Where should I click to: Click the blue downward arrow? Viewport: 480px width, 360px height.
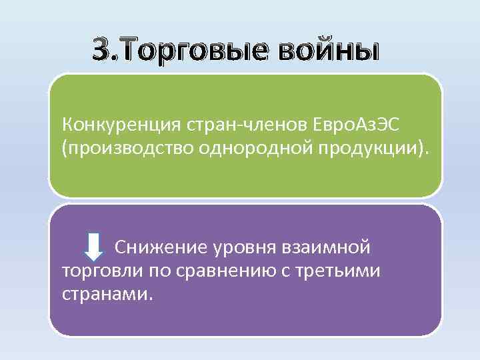(95, 247)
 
